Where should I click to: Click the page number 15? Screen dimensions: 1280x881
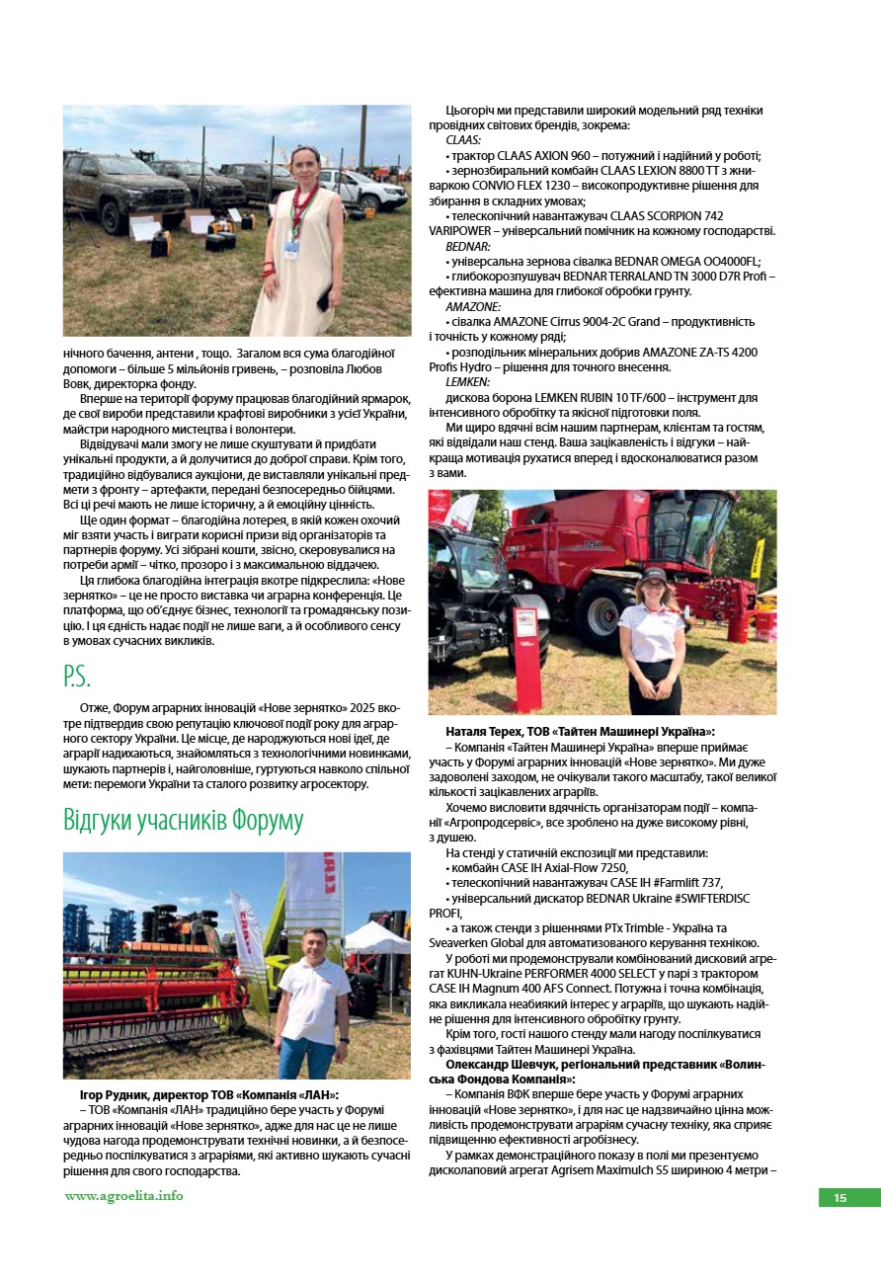coord(840,1198)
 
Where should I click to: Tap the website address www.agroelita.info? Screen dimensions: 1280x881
coord(123,1196)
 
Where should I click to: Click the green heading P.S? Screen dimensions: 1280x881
coord(78,677)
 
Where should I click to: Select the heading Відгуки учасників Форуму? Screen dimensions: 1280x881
coord(183,821)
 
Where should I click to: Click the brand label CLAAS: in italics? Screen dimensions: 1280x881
coord(463,141)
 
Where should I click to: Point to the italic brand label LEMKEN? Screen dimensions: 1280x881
coord(468,381)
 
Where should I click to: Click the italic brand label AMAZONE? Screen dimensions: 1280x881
coord(473,306)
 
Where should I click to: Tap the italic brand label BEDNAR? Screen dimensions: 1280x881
coord(468,246)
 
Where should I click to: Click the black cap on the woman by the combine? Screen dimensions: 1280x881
coord(652,574)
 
